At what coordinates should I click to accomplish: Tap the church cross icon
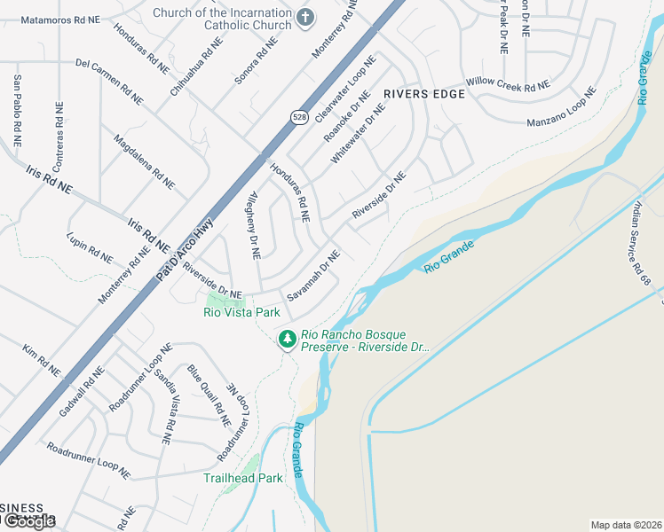pyautogui.click(x=305, y=17)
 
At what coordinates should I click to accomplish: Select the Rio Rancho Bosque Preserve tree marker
pyautogui.click(x=287, y=339)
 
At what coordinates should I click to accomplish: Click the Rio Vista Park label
pyautogui.click(x=241, y=312)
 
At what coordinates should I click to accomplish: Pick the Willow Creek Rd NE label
pyautogui.click(x=508, y=85)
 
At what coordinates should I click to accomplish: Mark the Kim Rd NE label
pyautogui.click(x=42, y=359)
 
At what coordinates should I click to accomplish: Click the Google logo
pyautogui.click(x=30, y=521)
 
